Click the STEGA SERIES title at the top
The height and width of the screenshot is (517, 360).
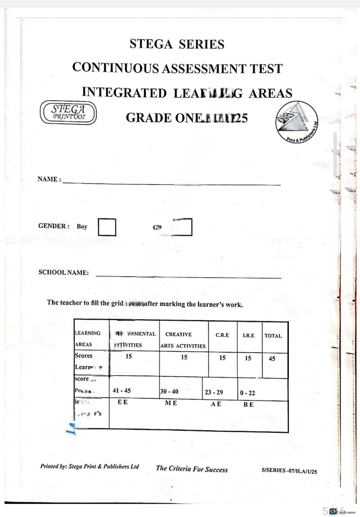(x=177, y=44)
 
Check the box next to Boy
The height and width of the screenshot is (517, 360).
(x=107, y=226)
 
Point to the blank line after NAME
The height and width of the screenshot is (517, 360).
(x=170, y=183)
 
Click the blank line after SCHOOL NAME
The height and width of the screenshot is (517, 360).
(x=188, y=277)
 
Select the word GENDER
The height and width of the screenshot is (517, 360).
(x=53, y=226)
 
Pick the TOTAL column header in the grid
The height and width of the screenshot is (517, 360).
(x=273, y=336)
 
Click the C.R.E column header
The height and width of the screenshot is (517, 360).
(x=223, y=335)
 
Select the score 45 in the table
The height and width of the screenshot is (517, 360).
(x=272, y=358)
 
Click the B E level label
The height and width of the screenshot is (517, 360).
(x=249, y=405)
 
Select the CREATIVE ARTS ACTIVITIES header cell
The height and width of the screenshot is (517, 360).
(x=183, y=340)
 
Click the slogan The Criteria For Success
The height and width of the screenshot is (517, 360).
(x=192, y=469)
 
